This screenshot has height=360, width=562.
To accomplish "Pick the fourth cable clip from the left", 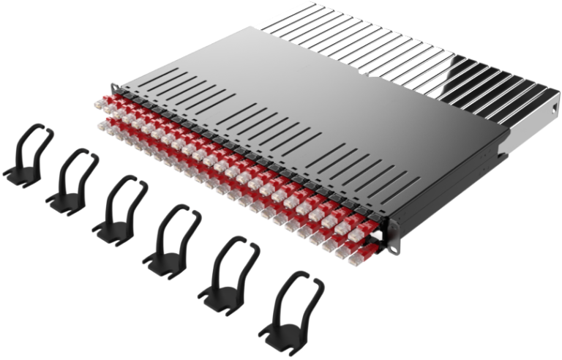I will (x=170, y=235).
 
